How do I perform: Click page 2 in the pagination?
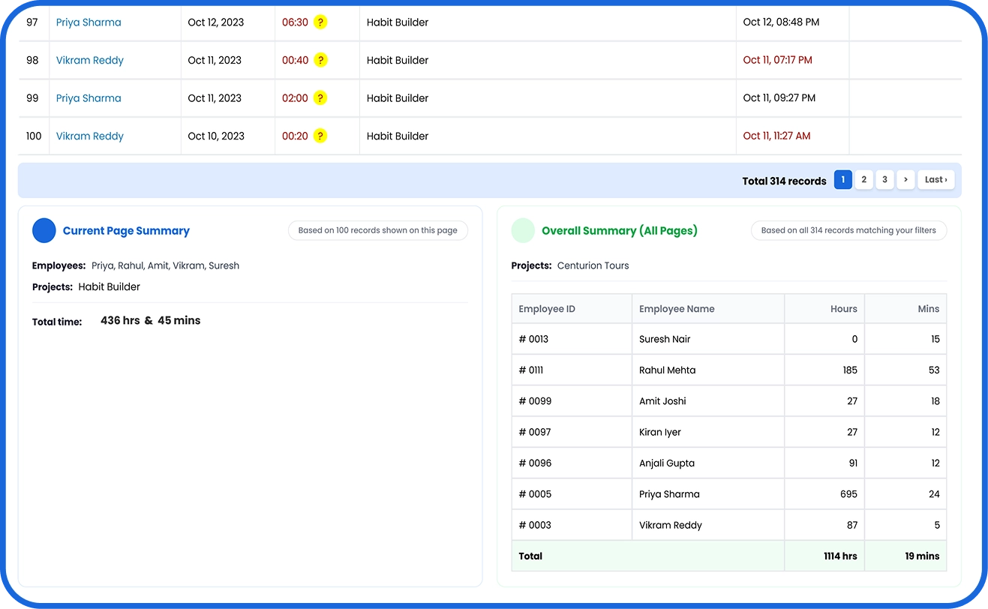863,179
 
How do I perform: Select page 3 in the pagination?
884,179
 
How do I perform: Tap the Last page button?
936,179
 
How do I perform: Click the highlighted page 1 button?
842,179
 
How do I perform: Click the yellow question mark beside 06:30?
320,22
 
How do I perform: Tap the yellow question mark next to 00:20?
320,136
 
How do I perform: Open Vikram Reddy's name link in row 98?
89,60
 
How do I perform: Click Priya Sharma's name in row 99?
89,98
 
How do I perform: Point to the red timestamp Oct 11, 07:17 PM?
777,60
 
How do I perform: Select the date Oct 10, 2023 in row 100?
216,136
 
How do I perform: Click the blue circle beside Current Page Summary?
44,231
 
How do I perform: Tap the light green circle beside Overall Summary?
523,231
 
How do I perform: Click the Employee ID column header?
546,309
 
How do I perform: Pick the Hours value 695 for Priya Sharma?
848,494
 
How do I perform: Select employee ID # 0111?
530,370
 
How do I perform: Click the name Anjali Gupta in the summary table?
666,463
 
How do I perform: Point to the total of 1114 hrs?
840,556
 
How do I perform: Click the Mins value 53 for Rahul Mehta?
934,370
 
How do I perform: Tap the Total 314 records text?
784,181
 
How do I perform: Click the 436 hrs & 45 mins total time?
150,320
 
